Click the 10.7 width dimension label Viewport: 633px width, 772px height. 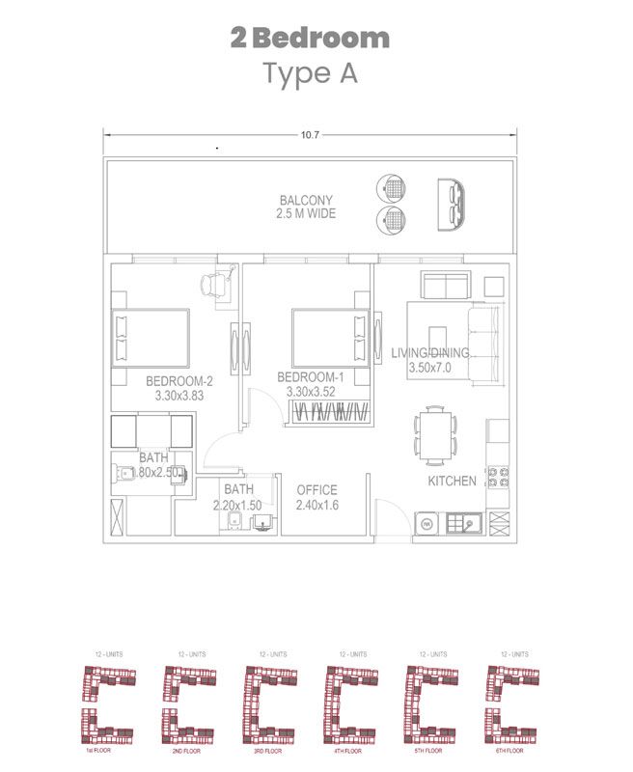click(310, 135)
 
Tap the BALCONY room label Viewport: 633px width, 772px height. click(306, 201)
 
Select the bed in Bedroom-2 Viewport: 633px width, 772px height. click(151, 338)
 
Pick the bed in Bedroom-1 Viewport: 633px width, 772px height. click(329, 338)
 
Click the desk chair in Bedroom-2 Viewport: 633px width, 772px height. click(214, 285)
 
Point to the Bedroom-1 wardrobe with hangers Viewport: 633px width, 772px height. click(329, 412)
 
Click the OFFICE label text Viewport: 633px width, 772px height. click(316, 489)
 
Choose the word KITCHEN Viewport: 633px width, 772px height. click(453, 481)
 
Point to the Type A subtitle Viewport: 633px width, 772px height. click(310, 73)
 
